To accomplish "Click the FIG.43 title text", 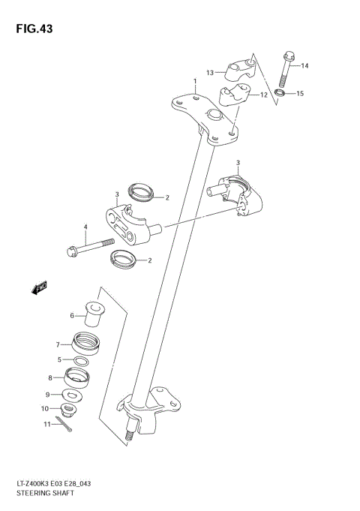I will [x=31, y=29].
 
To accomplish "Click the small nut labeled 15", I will [x=280, y=93].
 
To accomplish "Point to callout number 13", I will [x=211, y=73].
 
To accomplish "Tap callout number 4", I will [x=85, y=227].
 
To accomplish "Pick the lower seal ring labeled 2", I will [x=123, y=260].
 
